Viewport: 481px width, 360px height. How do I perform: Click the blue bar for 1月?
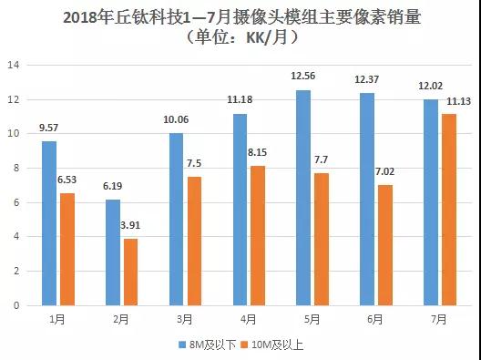pyautogui.click(x=50, y=223)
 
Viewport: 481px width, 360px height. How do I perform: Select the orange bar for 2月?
pyautogui.click(x=131, y=272)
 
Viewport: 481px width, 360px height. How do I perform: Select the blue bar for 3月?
pyautogui.click(x=175, y=219)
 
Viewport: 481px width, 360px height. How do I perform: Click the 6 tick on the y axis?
pyautogui.click(x=15, y=202)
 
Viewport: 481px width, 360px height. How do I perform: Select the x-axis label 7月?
pyautogui.click(x=440, y=318)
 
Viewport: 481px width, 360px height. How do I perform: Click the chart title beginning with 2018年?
pyautogui.click(x=240, y=16)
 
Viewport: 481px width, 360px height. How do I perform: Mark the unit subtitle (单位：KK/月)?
pyautogui.click(x=240, y=37)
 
